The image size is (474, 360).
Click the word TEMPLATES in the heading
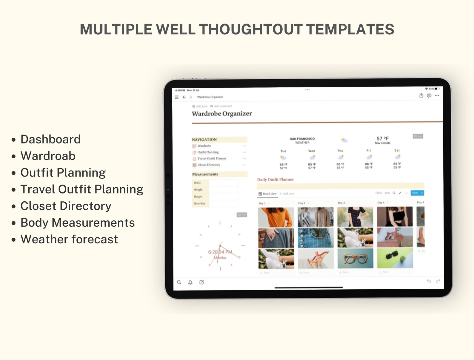point(350,29)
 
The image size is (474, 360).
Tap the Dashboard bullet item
point(50,139)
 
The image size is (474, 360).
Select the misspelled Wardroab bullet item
point(48,156)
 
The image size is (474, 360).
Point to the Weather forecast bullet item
point(69,239)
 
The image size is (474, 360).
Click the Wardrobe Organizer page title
point(222,114)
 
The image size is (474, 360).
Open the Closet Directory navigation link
point(209,165)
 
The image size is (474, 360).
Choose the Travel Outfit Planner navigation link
point(212,159)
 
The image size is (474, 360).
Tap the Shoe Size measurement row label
point(199,203)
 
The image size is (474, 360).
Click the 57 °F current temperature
point(382,138)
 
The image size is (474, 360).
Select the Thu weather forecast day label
point(340,151)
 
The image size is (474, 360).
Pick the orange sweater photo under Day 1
point(276,217)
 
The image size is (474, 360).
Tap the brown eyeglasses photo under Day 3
point(355,258)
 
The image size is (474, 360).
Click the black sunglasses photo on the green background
point(395,258)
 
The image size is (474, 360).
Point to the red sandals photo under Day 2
point(316,259)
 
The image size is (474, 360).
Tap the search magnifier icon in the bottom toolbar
point(179,282)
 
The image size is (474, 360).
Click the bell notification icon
point(190,282)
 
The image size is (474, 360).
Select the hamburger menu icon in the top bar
point(177,97)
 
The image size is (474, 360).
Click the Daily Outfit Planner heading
point(275,180)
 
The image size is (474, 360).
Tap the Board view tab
point(268,194)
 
